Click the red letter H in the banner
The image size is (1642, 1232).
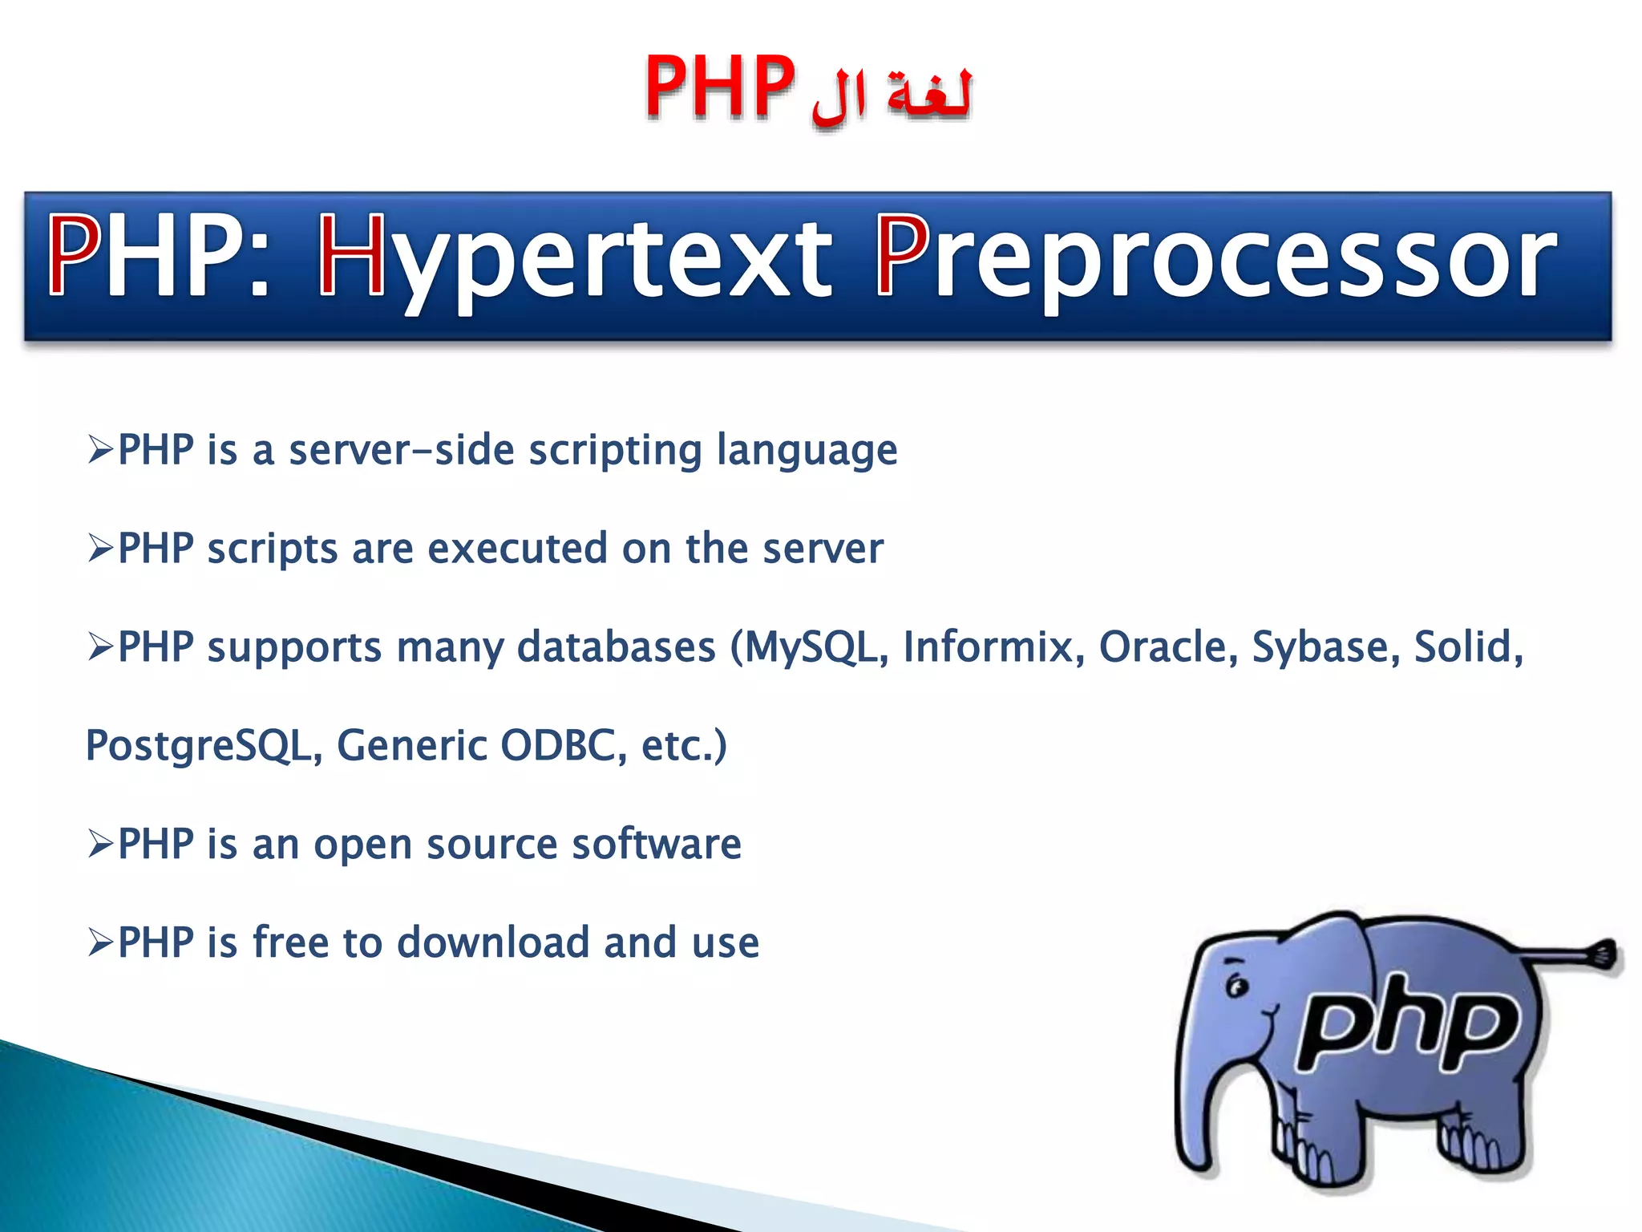352,255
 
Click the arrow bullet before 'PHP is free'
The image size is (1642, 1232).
101,943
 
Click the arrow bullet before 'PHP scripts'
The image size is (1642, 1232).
101,549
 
